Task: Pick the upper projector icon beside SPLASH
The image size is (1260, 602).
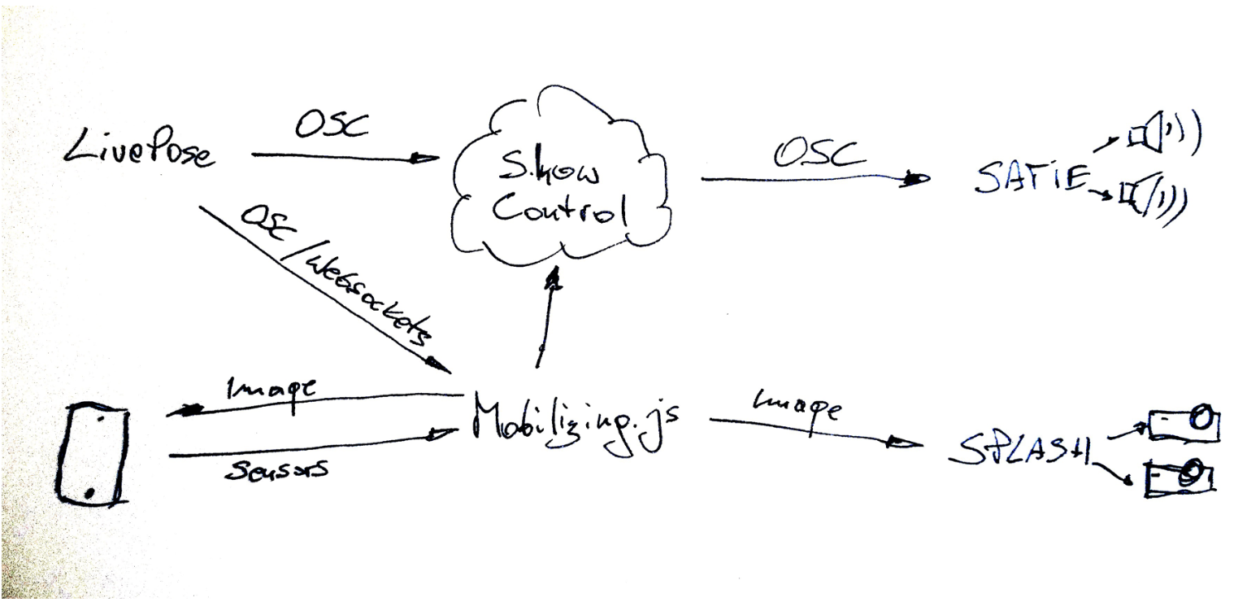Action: click(1182, 424)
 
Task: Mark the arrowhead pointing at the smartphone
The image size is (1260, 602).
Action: click(184, 412)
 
